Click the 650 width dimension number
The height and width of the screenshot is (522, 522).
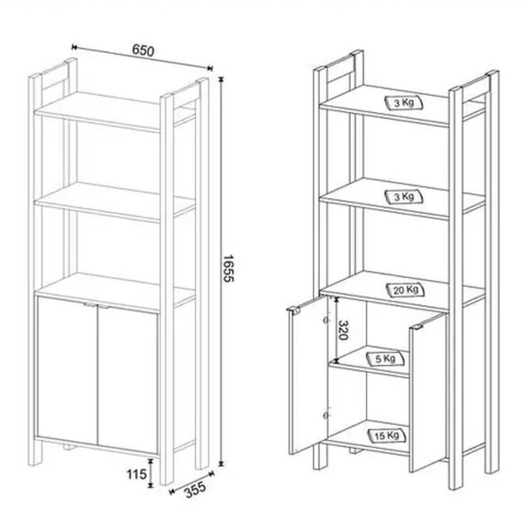pos(144,51)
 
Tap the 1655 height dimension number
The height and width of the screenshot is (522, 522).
pos(228,268)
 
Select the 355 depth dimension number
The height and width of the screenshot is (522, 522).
pos(195,490)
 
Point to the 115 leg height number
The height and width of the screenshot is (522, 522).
pos(136,474)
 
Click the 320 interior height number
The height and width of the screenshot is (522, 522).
pos(343,330)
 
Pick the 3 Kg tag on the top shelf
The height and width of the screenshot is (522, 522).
pos(404,103)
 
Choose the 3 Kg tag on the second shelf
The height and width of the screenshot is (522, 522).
pos(404,197)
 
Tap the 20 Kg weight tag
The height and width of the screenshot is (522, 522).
pos(406,290)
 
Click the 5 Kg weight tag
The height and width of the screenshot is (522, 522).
pos(386,359)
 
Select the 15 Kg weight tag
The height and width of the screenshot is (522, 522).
pos(387,436)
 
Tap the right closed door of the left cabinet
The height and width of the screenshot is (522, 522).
pos(128,380)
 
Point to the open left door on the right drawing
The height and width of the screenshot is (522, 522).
pos(308,375)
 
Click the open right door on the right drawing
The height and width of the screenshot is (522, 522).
pos(427,392)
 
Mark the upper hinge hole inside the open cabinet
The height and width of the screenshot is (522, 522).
pos(326,320)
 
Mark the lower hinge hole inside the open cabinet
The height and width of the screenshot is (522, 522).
pos(326,415)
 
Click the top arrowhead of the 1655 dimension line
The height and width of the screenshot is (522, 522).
pos(221,80)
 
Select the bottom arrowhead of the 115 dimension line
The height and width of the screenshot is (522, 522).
pos(151,485)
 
